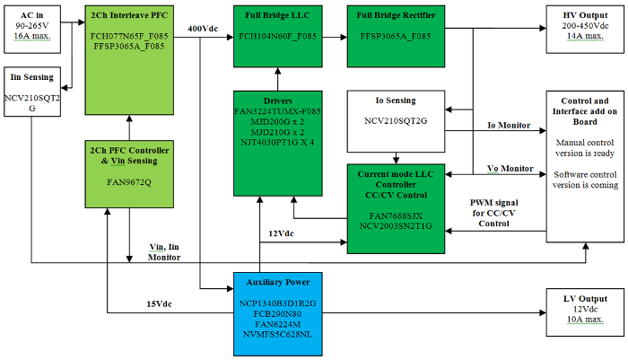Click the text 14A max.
[585, 40]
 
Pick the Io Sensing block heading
[397, 100]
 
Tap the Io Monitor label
[509, 125]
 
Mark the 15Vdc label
[159, 303]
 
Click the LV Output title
[585, 298]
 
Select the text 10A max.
[585, 321]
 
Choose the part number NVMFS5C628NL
[277, 335]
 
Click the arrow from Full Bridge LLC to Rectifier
[335, 37]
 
